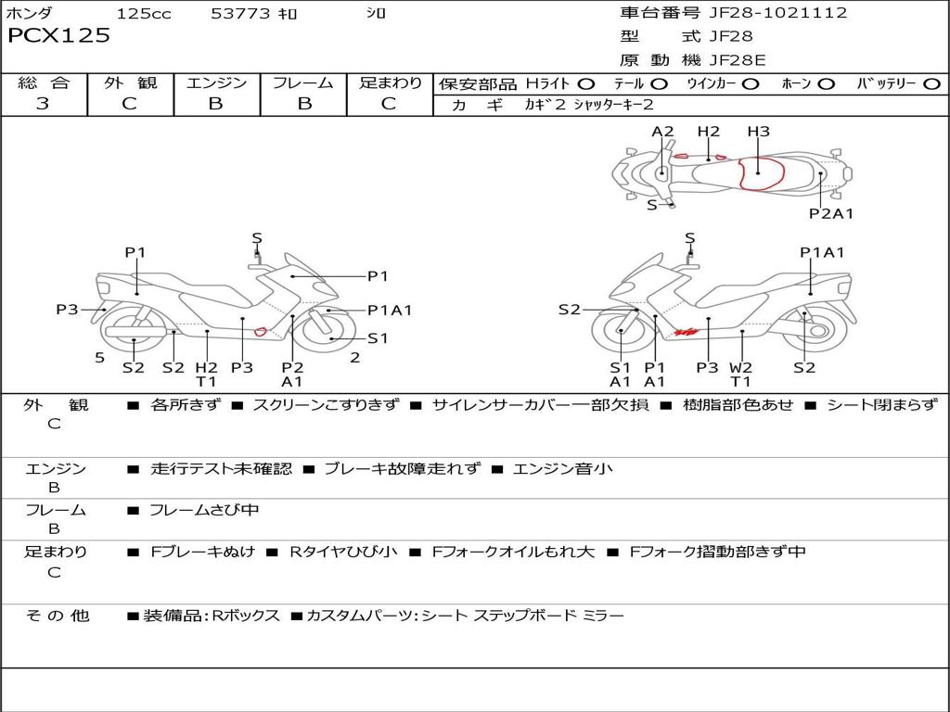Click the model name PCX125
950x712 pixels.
(58, 36)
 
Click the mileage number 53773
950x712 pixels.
(240, 13)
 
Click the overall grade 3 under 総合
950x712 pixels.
(43, 104)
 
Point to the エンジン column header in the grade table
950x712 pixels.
(216, 83)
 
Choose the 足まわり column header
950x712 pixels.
(390, 83)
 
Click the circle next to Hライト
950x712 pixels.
(586, 84)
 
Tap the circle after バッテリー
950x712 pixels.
(931, 84)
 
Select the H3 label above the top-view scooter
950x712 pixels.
(758, 132)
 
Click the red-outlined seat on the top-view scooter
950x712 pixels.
(759, 173)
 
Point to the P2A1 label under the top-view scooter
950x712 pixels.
(830, 213)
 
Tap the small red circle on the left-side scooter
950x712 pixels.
(261, 331)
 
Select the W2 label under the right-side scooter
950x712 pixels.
(740, 367)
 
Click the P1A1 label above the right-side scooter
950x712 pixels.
(822, 252)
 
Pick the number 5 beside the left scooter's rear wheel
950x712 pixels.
(99, 357)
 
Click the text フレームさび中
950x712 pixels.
(204, 510)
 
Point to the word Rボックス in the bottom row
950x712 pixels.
(246, 616)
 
